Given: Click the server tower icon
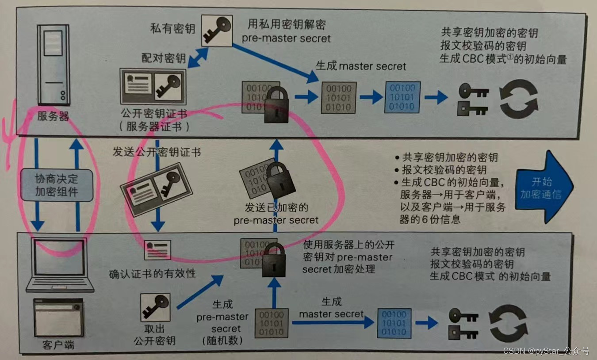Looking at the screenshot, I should pos(53,64).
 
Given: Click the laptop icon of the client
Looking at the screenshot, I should pos(60,265).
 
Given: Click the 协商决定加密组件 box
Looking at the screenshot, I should pos(57,185).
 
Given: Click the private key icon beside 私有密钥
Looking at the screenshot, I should pos(217,30).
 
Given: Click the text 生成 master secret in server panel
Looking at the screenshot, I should pos(360,66).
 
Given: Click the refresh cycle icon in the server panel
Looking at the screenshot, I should pos(518,99).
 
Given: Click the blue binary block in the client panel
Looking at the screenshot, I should pos(392,323).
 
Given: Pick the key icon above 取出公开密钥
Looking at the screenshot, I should pos(155,307).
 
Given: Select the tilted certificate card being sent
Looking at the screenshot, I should pos(156,189).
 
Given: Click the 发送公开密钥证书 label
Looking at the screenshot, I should pos(157,152).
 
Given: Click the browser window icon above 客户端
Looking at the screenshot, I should pos(58,318).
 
